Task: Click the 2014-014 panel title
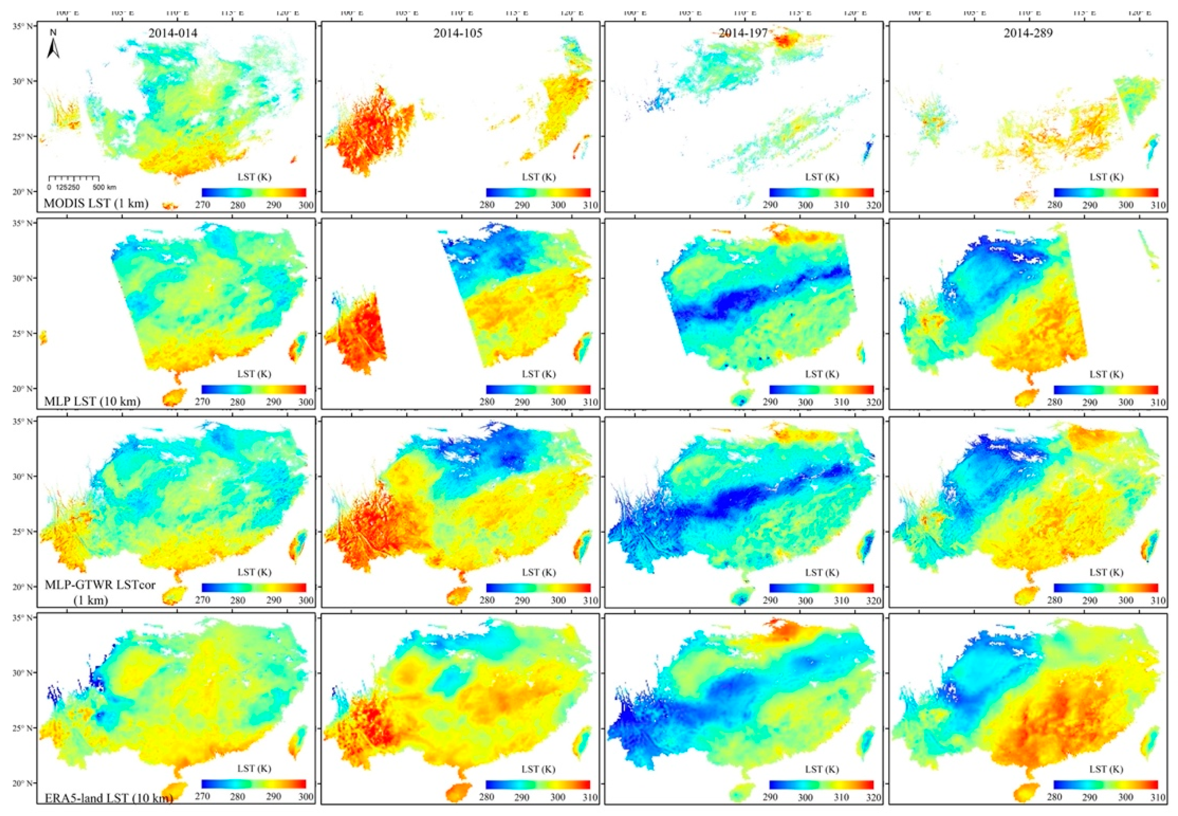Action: [173, 34]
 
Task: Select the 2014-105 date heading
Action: [458, 34]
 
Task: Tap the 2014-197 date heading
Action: [743, 34]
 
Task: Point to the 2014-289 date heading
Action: [1028, 34]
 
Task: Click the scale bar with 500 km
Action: [74, 179]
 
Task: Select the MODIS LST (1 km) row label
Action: [96, 203]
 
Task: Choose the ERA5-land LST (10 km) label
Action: [108, 797]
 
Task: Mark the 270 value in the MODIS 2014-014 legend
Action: [202, 205]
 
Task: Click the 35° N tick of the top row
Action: [26, 25]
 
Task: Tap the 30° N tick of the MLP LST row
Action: [26, 278]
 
